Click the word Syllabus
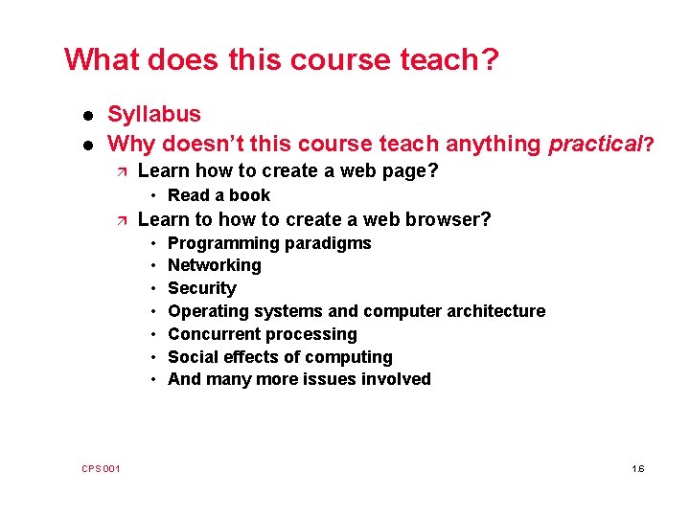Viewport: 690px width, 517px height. pyautogui.click(x=154, y=115)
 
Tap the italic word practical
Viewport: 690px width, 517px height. pyautogui.click(x=593, y=145)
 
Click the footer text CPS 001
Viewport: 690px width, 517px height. pyautogui.click(x=101, y=468)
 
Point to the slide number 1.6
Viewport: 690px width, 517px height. pyautogui.click(x=638, y=468)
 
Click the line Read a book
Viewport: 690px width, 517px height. pyautogui.click(x=218, y=195)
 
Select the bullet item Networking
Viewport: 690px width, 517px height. pyautogui.click(x=214, y=265)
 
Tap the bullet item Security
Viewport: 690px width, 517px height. pyautogui.click(x=201, y=288)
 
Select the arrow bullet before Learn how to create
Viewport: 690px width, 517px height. pyautogui.click(x=118, y=172)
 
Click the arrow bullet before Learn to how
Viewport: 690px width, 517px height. pyautogui.click(x=118, y=220)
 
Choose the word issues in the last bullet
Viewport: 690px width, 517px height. pyautogui.click(x=332, y=379)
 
